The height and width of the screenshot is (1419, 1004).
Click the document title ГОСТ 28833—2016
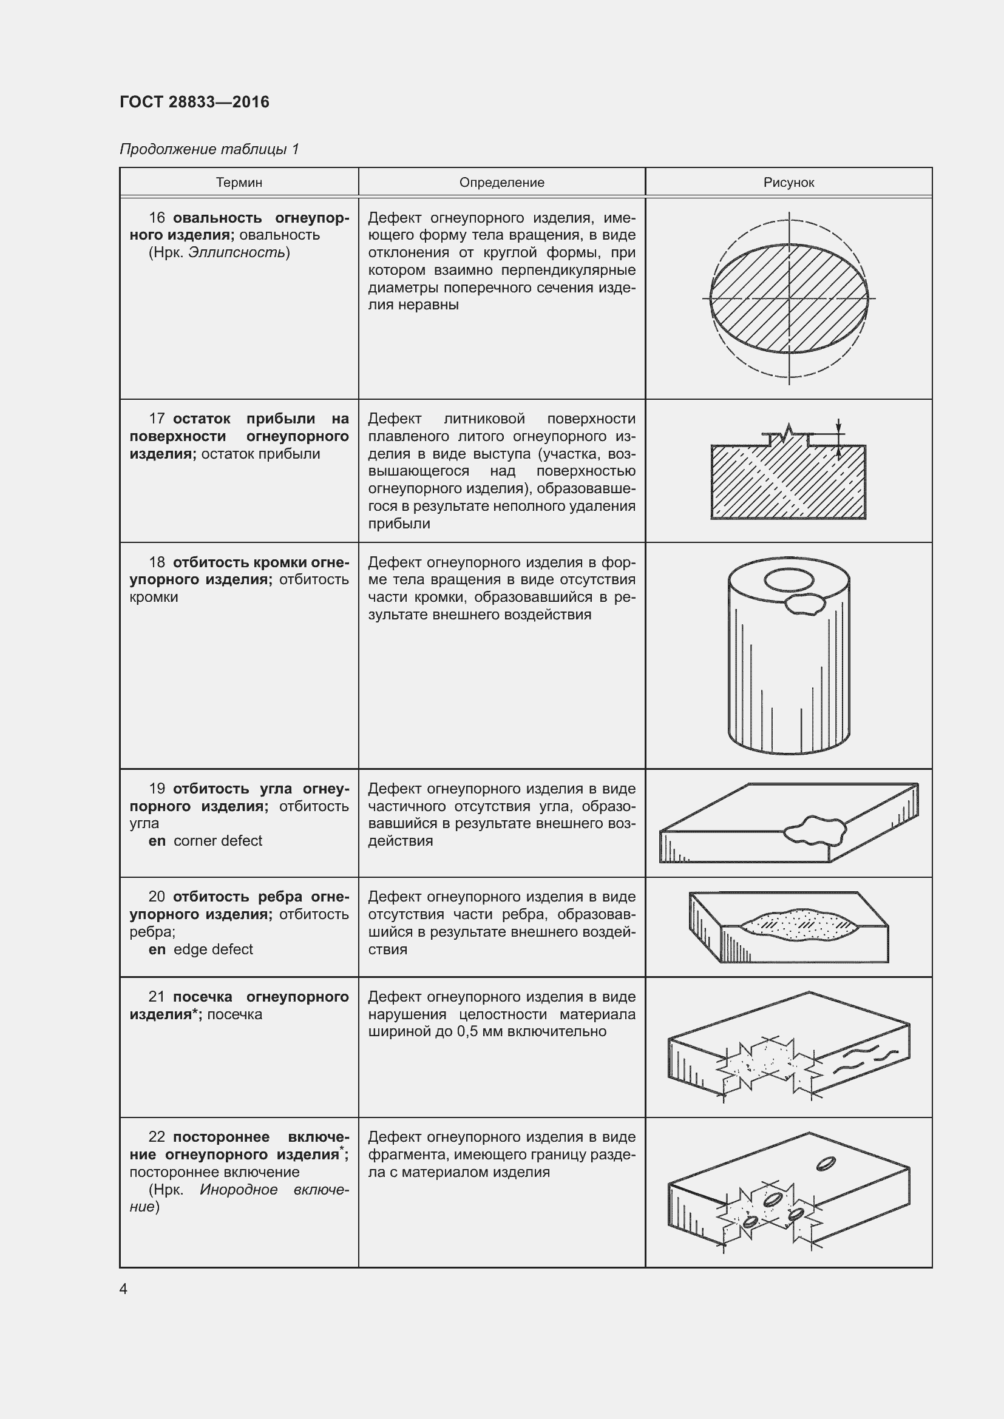[194, 102]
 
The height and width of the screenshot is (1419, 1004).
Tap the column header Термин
[239, 183]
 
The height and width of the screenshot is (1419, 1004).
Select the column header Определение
[501, 183]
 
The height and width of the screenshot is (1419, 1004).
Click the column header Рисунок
[789, 183]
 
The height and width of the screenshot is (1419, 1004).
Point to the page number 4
[124, 1289]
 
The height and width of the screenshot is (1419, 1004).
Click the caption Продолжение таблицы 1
[209, 149]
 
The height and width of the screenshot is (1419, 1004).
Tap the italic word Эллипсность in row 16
[237, 252]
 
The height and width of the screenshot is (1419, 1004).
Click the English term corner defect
[218, 840]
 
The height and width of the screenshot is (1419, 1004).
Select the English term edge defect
[213, 949]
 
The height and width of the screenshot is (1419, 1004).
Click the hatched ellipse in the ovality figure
[789, 298]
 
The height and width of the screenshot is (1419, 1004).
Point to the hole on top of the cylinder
[789, 581]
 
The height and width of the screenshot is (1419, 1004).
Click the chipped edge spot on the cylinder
[804, 604]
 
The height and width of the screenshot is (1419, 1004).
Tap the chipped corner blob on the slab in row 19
[814, 831]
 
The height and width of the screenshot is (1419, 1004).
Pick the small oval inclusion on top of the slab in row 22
[826, 1164]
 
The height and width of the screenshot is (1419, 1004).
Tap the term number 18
[157, 562]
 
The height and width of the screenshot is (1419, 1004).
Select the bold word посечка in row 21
[203, 997]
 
